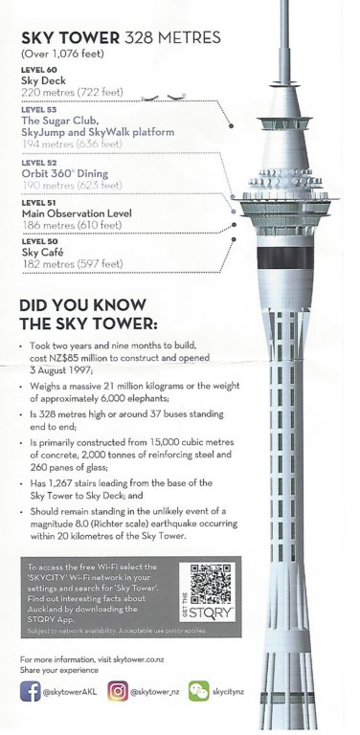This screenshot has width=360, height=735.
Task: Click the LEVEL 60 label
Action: [38, 71]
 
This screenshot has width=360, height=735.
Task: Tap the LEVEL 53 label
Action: [38, 110]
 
